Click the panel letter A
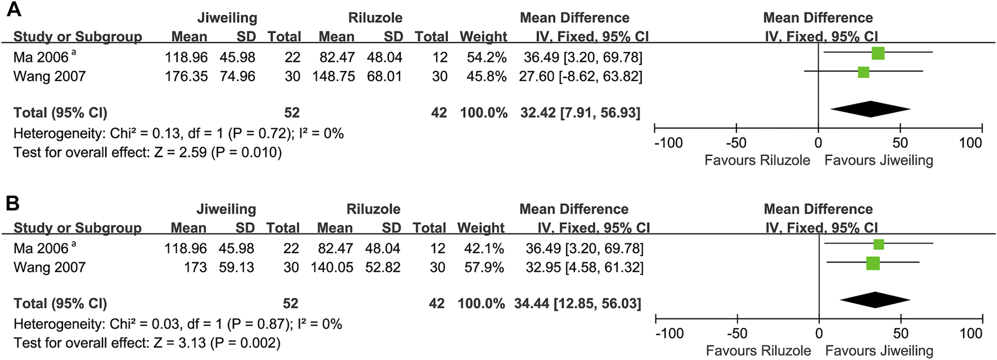coord(14,10)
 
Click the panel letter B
coord(12,202)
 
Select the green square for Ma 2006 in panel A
coord(878,54)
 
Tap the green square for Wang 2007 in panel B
coord(873,263)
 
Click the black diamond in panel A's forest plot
coord(870,109)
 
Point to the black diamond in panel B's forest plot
coord(874,300)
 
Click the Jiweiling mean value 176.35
coord(186,76)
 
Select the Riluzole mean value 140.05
coord(332,267)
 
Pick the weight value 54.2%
coord(486,57)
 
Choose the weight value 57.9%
coord(483,267)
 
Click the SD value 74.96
coord(237,76)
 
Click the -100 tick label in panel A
coord(668,143)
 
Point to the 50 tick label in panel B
coord(900,334)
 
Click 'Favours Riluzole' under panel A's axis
coord(757,160)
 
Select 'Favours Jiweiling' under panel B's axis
coord(879,351)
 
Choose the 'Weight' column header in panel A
coord(483,37)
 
